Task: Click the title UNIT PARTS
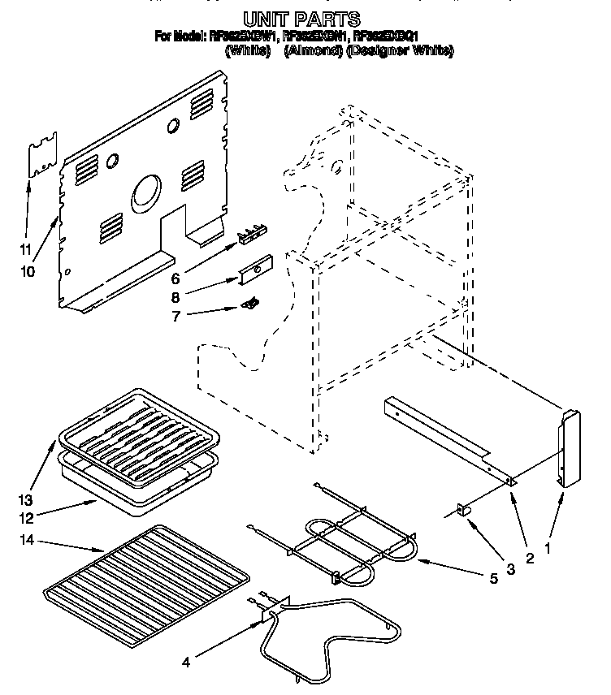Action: (x=302, y=18)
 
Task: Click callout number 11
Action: (x=26, y=249)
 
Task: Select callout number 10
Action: (x=28, y=272)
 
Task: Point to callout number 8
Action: (x=175, y=297)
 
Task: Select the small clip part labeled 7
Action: (x=252, y=303)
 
